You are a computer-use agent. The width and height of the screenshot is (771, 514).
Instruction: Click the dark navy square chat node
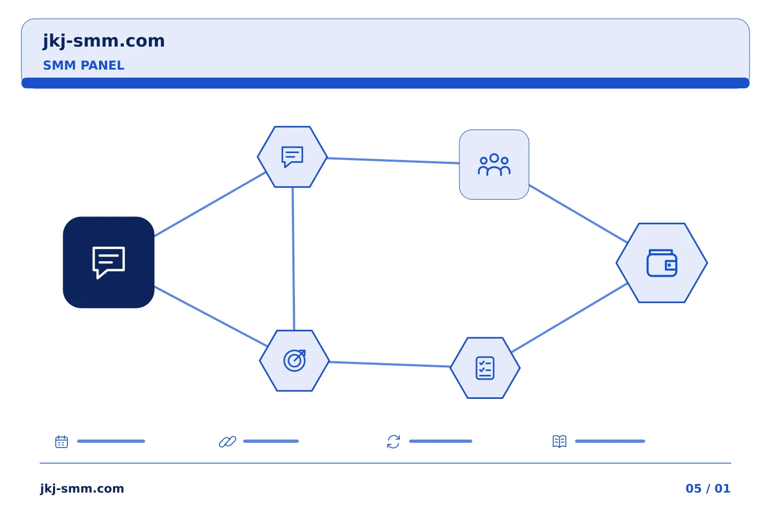pos(109,262)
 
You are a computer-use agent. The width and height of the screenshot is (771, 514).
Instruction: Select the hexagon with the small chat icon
pos(292,157)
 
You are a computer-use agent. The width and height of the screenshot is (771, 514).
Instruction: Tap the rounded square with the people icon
pos(494,164)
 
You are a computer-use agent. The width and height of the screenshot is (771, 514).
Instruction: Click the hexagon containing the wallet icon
pos(662,263)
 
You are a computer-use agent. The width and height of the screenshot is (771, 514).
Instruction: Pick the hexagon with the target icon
pos(294,361)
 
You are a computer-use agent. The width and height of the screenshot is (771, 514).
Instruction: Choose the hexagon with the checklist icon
pos(485,368)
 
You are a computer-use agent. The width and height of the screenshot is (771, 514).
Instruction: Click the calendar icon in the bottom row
pos(62,441)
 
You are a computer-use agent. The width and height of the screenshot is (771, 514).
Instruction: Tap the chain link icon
pos(228,441)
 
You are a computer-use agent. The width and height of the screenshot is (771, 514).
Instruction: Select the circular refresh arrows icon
pos(394,441)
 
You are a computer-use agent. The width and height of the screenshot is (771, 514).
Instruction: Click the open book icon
pos(560,441)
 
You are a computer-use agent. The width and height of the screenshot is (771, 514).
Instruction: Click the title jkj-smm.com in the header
pos(104,41)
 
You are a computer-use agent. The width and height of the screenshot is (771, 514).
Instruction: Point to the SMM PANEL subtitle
pos(84,65)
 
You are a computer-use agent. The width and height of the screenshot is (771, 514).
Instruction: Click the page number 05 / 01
pos(708,488)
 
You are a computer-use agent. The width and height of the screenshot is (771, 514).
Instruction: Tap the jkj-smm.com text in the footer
pos(82,488)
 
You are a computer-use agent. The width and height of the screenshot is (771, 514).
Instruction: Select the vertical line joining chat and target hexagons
pos(293,259)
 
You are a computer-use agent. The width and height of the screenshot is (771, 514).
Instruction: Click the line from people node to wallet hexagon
pos(578,214)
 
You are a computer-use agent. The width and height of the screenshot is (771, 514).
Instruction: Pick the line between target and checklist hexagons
pos(390,364)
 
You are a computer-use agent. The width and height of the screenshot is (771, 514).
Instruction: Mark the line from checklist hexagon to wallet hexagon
pos(569,318)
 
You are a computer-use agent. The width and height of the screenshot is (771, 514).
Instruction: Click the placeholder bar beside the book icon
pos(610,441)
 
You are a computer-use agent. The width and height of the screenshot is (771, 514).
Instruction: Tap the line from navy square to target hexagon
pos(211,316)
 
